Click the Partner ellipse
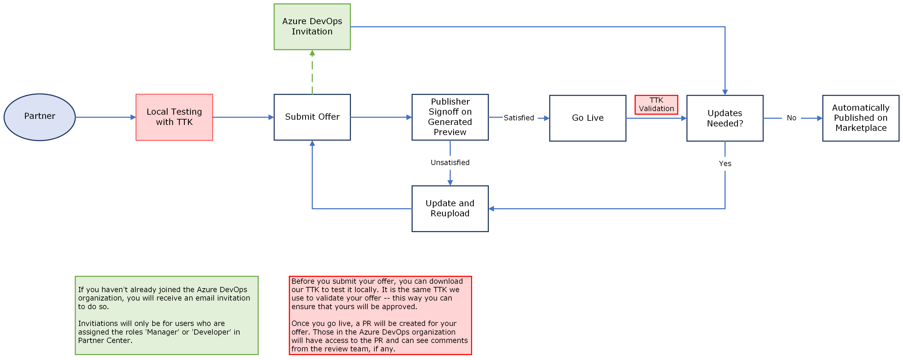[x=40, y=117]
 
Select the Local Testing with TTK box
[x=174, y=117]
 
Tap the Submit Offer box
[x=312, y=117]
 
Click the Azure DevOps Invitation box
[x=312, y=27]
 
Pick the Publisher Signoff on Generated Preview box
[x=450, y=117]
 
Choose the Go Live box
[x=588, y=118]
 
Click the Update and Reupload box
[x=450, y=209]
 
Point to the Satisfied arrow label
[x=518, y=118]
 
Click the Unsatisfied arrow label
[x=450, y=163]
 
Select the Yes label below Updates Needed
[x=725, y=164]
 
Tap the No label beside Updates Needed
[x=791, y=118]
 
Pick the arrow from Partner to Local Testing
[x=105, y=117]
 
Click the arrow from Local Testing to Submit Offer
[x=243, y=117]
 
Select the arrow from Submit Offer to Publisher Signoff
[x=381, y=117]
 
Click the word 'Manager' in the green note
[x=162, y=332]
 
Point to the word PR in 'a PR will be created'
[x=367, y=323]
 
